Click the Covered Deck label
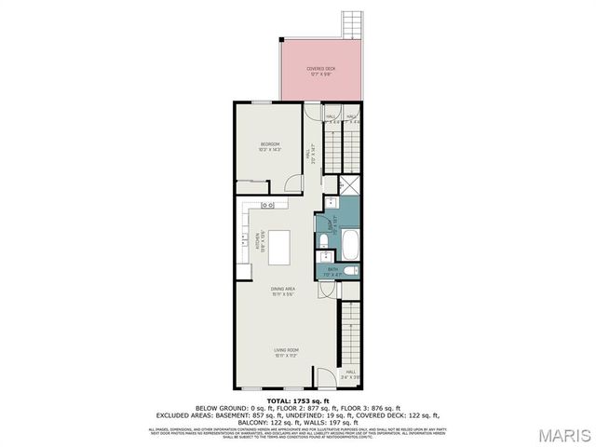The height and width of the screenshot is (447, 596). (x=321, y=70)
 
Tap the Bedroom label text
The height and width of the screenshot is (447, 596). (x=269, y=145)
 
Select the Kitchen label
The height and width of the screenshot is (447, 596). (x=263, y=241)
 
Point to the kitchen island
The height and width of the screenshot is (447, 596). (x=278, y=246)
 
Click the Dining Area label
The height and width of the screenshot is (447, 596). (x=283, y=291)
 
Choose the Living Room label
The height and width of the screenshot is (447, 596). (x=284, y=352)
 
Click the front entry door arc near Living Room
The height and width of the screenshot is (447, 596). (x=325, y=378)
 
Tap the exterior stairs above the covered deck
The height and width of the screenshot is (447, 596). (x=351, y=23)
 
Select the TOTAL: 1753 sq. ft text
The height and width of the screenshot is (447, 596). (x=297, y=400)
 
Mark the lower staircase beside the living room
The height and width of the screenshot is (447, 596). (x=350, y=335)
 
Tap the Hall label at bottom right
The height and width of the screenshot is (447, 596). (x=350, y=373)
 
